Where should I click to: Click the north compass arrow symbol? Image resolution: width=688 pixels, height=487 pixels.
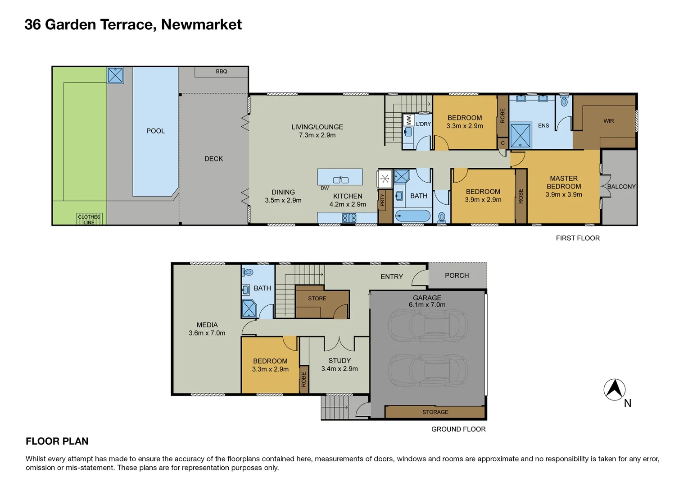coord(614,390)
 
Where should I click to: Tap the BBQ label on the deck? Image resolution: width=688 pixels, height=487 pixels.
coord(221,72)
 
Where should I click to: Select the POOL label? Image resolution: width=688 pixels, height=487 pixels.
coord(155,131)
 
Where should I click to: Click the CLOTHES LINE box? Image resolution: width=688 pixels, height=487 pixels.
coord(89,219)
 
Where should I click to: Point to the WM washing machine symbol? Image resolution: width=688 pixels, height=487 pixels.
coord(408,120)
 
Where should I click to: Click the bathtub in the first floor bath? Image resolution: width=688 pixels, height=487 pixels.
coord(412,216)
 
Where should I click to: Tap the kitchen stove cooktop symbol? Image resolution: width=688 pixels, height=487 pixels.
coord(349,218)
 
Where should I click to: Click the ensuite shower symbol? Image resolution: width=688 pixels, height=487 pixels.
coord(521,135)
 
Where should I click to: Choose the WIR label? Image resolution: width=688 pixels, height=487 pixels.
coord(608,121)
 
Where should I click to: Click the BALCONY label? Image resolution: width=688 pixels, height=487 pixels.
coord(621,187)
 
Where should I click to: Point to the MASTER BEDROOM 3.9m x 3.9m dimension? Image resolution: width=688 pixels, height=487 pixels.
coord(564,195)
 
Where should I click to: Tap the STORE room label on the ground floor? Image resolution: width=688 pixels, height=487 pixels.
coord(317,299)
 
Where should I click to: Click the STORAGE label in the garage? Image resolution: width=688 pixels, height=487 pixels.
coord(435,412)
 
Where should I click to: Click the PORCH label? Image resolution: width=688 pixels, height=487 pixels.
coord(457,276)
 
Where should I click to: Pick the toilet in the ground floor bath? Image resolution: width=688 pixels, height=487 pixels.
coord(248,272)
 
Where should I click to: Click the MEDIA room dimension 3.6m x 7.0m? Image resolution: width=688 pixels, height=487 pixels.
coord(207,333)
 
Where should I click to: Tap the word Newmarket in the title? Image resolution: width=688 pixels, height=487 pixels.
coord(201,24)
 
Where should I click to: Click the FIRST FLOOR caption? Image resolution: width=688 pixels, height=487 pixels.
coord(578,238)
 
